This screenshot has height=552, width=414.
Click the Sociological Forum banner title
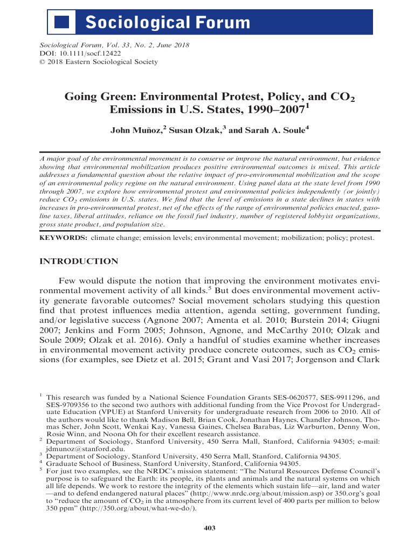[168, 23]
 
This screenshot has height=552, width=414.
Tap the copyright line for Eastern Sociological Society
[99, 62]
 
